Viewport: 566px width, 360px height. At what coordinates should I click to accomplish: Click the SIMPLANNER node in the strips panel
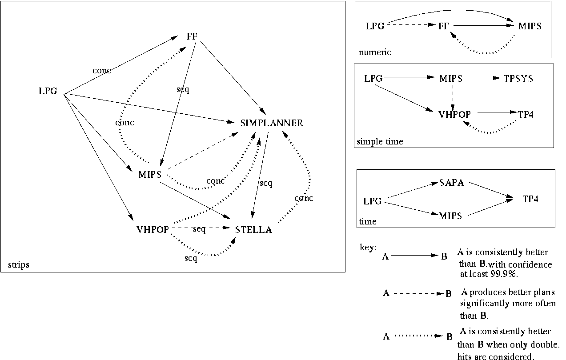(272, 123)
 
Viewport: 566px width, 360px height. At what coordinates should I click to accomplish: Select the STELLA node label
(253, 230)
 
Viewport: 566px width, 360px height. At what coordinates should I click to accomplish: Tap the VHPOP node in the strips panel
(153, 230)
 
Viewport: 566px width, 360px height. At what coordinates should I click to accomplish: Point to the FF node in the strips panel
(192, 37)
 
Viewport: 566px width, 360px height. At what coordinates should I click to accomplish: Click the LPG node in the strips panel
(48, 92)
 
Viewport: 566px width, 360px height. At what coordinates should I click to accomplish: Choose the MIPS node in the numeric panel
(530, 26)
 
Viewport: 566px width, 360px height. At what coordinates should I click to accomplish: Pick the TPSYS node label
(518, 79)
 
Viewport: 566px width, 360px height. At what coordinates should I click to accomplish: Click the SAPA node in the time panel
(451, 183)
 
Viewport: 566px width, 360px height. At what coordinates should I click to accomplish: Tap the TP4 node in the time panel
(530, 199)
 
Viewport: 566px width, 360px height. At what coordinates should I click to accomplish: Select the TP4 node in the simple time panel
(526, 114)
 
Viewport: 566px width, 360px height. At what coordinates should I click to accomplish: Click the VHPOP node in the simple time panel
(454, 114)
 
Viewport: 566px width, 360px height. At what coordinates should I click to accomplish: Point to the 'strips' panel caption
(19, 265)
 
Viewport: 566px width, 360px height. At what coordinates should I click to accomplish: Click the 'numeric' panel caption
(375, 52)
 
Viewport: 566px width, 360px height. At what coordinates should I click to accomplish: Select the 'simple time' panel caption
(380, 142)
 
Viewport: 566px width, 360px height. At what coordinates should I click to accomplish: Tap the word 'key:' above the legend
(368, 247)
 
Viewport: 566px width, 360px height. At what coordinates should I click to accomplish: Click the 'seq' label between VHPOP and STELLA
(199, 229)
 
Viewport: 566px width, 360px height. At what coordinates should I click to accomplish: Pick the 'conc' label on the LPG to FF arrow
(101, 70)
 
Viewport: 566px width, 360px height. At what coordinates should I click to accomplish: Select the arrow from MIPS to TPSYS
(482, 78)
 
